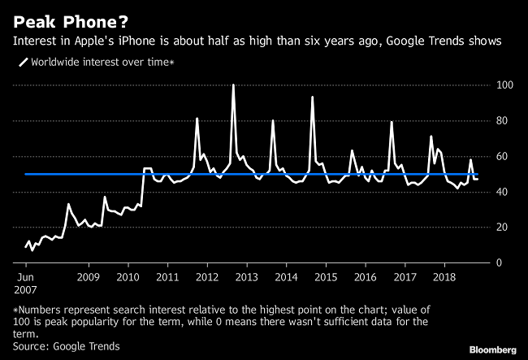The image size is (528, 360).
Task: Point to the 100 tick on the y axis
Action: coord(504,85)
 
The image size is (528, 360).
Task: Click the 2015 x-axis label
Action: coord(325,277)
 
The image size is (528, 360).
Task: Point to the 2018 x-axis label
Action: coord(444,277)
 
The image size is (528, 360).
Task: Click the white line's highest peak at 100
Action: coord(233,85)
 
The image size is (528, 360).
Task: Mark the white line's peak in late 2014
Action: coord(313,97)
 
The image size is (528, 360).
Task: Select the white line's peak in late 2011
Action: coord(197,119)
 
